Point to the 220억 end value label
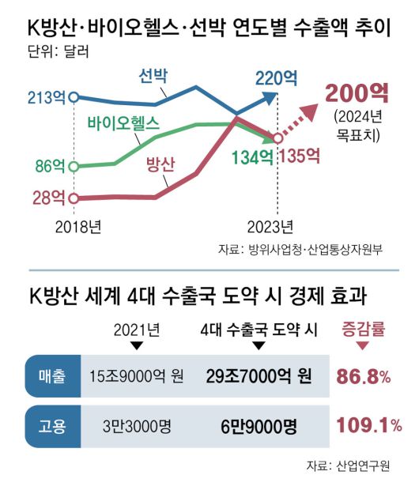click(276, 77)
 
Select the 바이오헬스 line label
click(124, 123)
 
